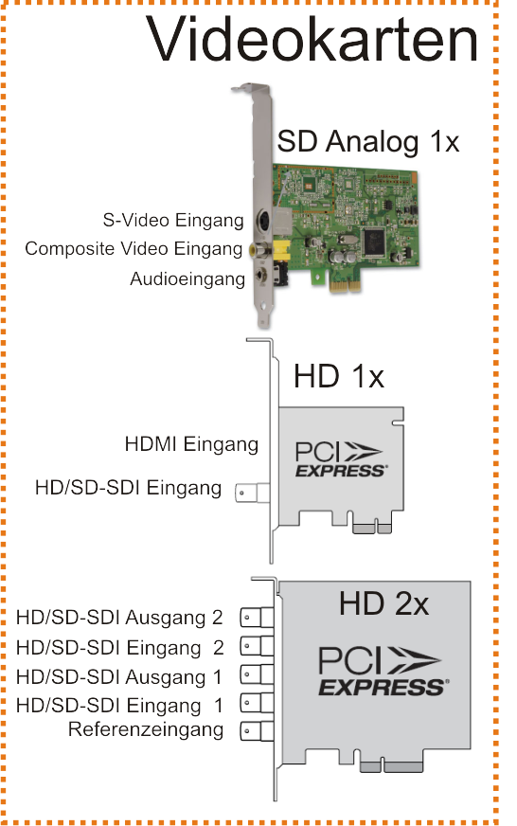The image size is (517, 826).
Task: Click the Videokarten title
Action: pos(312,40)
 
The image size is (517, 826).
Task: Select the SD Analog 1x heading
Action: pos(368,141)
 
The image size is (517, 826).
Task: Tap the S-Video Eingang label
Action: pos(173,220)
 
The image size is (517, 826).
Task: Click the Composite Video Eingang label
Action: pos(134,248)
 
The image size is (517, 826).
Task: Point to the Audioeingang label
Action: pos(187,279)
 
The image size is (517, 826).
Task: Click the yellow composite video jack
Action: pos(260,248)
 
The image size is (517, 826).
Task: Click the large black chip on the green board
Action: pos(378,242)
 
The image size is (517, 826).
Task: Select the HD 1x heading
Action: pos(339,376)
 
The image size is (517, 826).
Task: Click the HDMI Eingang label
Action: pos(191,444)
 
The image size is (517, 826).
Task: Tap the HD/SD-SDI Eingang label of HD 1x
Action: pos(128,488)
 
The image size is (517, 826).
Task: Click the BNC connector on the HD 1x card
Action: pos(252,493)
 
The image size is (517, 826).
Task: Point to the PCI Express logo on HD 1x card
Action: pos(341,459)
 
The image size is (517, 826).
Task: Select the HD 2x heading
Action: pos(383,603)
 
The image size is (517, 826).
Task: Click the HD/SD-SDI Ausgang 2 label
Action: pos(119,618)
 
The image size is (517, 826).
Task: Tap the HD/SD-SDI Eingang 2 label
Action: pos(119,647)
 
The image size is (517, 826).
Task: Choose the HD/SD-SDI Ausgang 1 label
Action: pos(119,677)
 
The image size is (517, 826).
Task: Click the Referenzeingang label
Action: pos(146,730)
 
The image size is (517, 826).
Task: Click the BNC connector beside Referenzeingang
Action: pos(257,731)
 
